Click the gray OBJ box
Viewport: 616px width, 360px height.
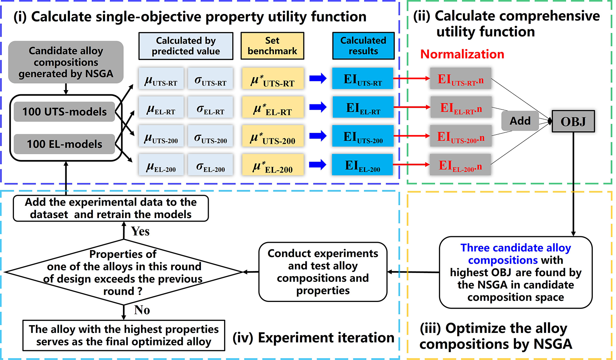[573, 121]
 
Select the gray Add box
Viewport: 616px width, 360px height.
[520, 121]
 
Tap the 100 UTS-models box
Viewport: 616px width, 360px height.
[65, 112]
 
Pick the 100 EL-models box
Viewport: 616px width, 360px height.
[65, 144]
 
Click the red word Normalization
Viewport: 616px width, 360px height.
[462, 54]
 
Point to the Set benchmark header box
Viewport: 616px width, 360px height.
[272, 46]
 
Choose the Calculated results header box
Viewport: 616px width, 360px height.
[363, 46]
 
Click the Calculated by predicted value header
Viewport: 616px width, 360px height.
[186, 46]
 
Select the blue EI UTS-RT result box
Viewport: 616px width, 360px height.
[363, 79]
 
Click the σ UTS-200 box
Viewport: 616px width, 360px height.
[211, 136]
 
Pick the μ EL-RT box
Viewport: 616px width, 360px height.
[161, 108]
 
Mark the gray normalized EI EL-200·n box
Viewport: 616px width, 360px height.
[460, 165]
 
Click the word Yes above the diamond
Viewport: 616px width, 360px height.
[140, 231]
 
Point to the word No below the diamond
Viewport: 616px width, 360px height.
[142, 310]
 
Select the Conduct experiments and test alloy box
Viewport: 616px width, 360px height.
[323, 272]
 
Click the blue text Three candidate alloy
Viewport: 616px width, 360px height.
[516, 248]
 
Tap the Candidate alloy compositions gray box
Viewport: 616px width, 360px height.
[66, 62]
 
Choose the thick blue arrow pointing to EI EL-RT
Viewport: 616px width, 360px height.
[318, 107]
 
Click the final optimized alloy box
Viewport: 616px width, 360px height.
[124, 335]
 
